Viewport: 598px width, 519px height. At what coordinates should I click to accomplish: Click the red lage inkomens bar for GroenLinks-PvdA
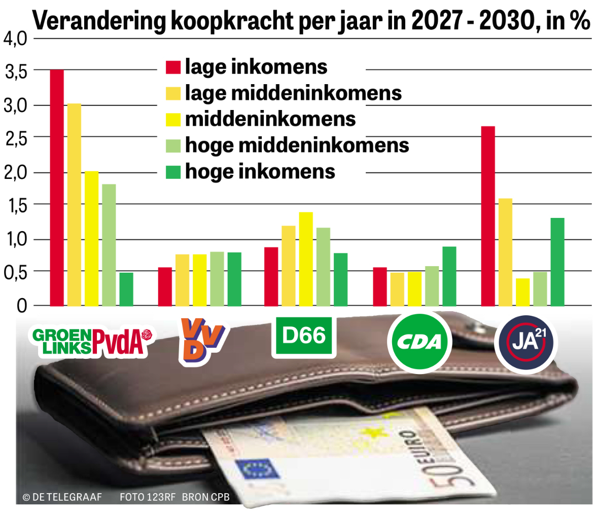(x=57, y=188)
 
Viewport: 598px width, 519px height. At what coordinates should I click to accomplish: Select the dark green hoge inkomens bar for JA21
(x=557, y=262)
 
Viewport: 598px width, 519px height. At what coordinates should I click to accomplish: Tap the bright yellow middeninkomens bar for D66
(x=306, y=259)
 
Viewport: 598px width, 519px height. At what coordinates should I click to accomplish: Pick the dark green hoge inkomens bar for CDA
(x=449, y=276)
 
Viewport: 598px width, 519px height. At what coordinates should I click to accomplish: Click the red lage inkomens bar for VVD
(x=165, y=286)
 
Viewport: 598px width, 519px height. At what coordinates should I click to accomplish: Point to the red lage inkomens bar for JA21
(x=488, y=216)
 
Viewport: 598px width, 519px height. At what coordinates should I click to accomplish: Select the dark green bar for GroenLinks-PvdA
(x=126, y=289)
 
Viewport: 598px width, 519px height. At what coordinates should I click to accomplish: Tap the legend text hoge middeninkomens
(x=297, y=145)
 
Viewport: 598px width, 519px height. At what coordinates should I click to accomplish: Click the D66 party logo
(x=304, y=336)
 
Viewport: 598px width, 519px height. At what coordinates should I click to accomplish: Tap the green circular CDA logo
(x=419, y=342)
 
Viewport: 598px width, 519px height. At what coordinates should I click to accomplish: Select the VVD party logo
(x=201, y=340)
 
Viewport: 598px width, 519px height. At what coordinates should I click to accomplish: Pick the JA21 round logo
(x=526, y=343)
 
